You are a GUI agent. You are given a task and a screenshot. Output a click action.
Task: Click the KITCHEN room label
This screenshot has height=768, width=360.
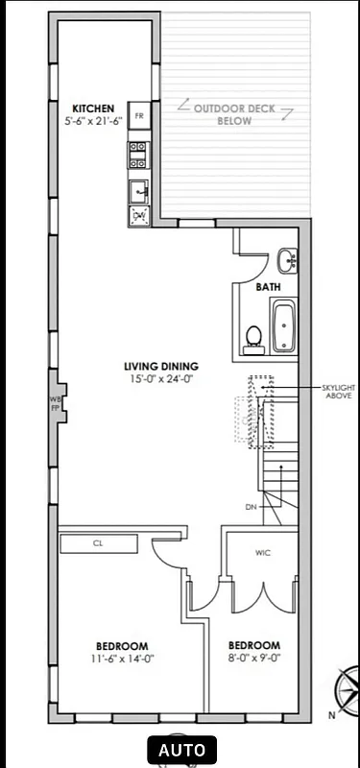pyautogui.click(x=94, y=108)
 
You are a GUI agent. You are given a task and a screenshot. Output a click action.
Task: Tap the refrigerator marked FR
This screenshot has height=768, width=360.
pyautogui.click(x=139, y=116)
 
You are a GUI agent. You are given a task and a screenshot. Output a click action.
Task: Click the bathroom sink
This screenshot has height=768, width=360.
pyautogui.click(x=286, y=259)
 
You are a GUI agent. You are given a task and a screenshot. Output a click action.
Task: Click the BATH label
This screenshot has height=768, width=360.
pyautogui.click(x=268, y=287)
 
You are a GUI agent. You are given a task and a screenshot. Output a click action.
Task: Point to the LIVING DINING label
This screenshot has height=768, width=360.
pyautogui.click(x=160, y=366)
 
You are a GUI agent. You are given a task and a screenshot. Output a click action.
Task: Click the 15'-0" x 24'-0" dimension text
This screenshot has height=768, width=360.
pyautogui.click(x=160, y=378)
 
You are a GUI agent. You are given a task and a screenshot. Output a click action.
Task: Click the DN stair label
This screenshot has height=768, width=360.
pyautogui.click(x=251, y=506)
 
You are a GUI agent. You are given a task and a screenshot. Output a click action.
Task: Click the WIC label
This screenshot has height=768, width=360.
pyautogui.click(x=262, y=553)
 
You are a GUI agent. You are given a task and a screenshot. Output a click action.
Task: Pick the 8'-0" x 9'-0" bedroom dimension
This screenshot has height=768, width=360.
pyautogui.click(x=253, y=659)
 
